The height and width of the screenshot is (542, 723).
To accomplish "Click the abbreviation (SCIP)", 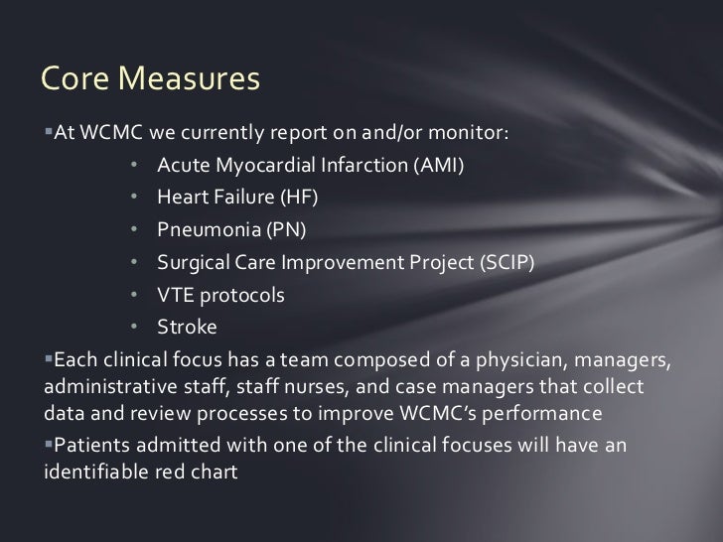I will click(x=505, y=263).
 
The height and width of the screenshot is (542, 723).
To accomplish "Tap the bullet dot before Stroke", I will click(x=133, y=328).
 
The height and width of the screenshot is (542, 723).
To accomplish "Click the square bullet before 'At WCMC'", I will click(x=48, y=134).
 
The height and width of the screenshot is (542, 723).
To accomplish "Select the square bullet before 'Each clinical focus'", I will click(x=48, y=357).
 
